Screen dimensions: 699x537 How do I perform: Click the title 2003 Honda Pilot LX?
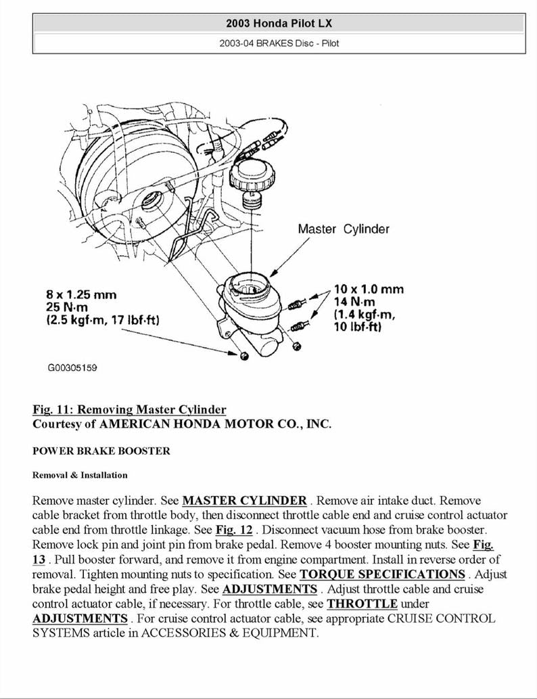tap(279, 24)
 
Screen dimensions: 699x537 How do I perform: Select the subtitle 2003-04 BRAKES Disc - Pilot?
tap(279, 43)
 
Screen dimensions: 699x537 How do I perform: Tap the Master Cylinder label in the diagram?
tap(344, 229)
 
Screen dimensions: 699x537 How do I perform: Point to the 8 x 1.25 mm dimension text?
tap(81, 294)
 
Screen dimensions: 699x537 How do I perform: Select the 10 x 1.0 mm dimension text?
tap(369, 289)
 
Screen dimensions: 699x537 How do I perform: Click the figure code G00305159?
tap(72, 368)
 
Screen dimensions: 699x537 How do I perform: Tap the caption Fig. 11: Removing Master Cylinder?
tap(129, 409)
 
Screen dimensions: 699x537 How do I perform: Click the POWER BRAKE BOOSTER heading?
tap(101, 451)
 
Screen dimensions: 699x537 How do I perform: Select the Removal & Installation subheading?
tap(80, 475)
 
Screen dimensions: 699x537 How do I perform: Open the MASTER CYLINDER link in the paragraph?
tap(244, 501)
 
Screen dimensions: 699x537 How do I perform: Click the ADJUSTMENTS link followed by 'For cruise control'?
tap(80, 618)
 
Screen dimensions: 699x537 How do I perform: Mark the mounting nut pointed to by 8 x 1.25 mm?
tap(243, 356)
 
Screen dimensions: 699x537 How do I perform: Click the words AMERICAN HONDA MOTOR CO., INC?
tap(215, 424)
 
